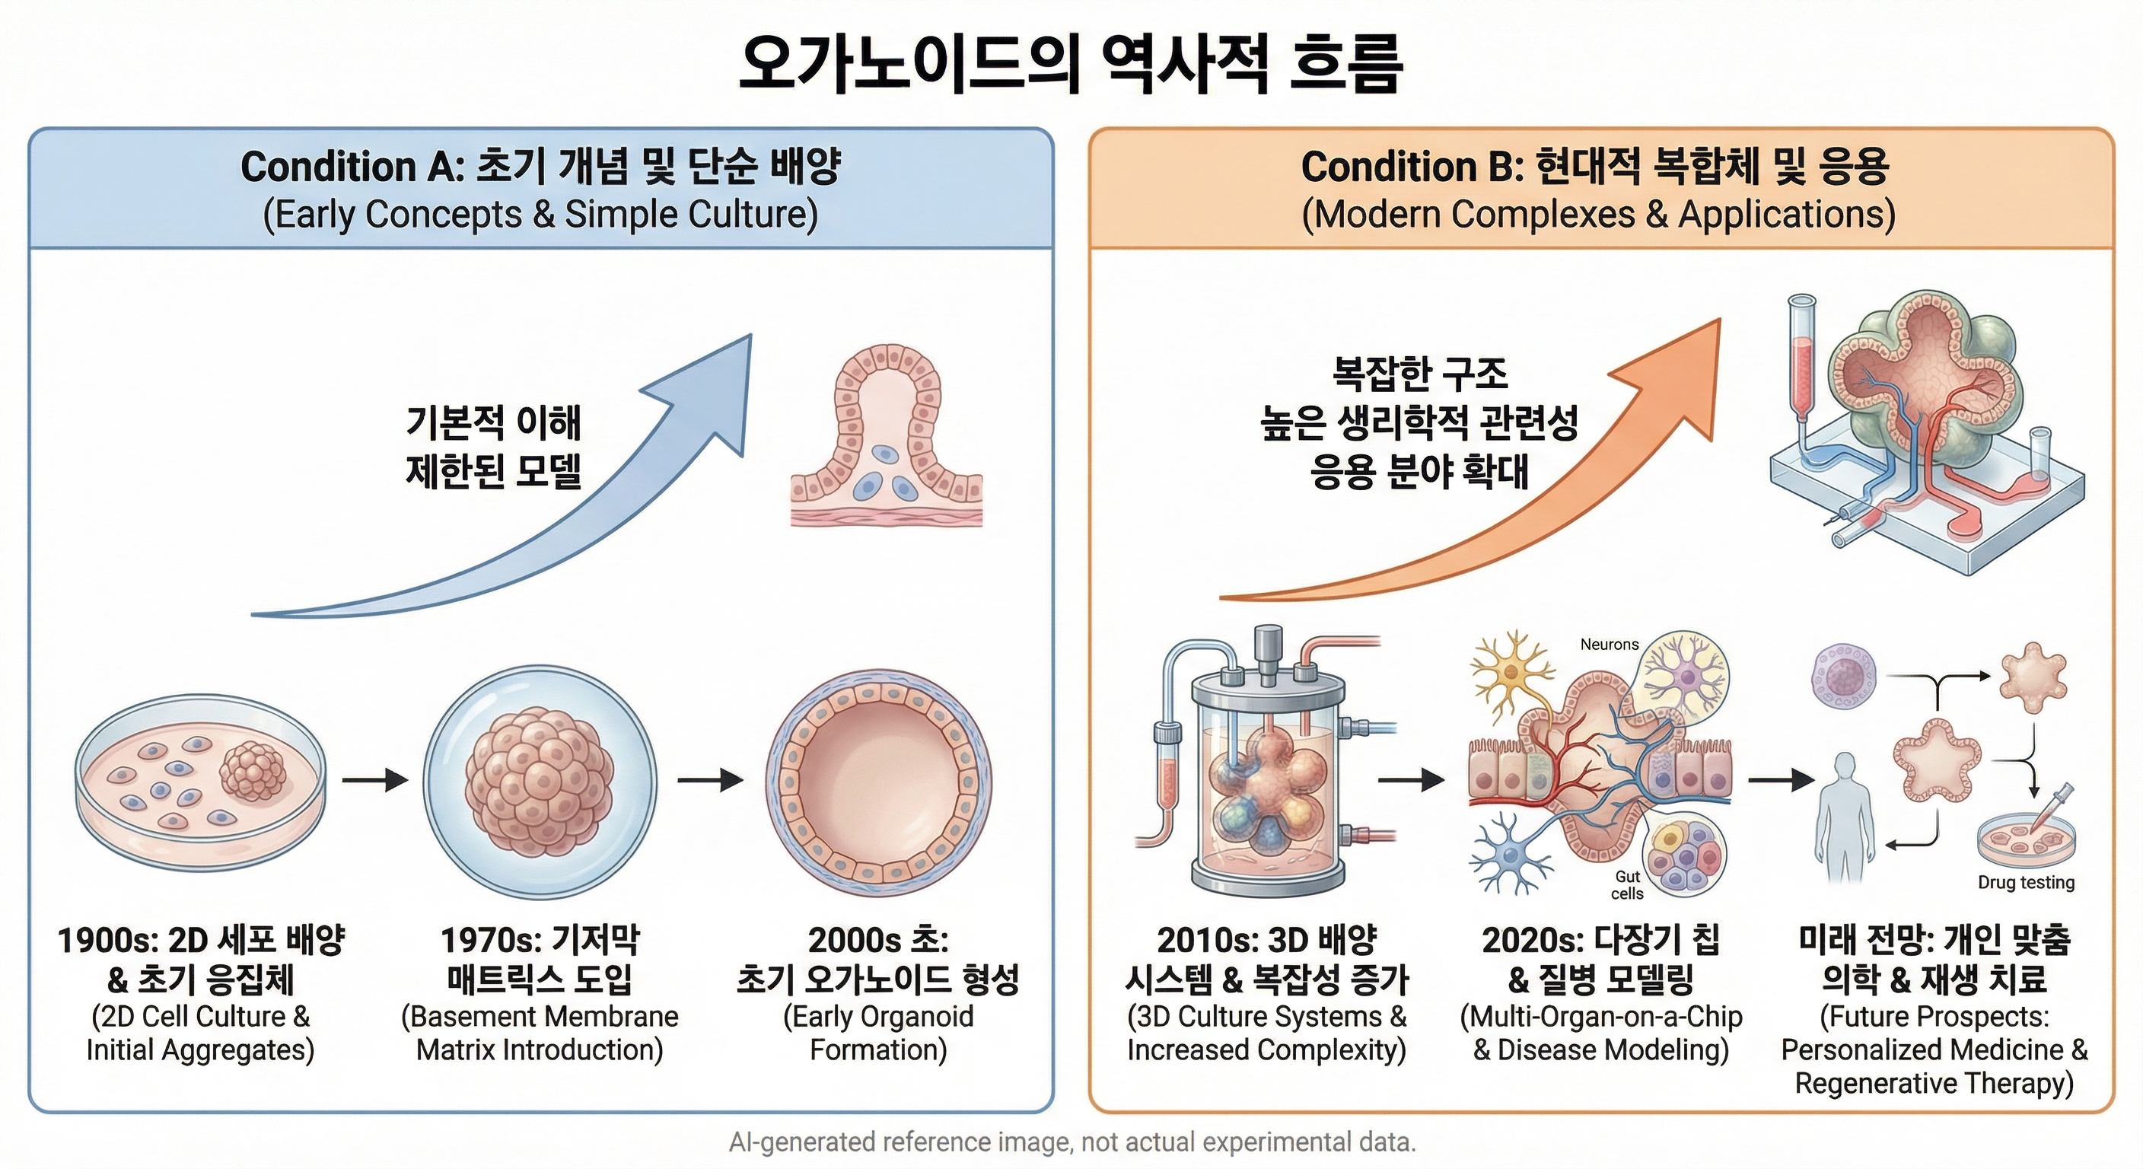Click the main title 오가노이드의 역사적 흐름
[1071, 62]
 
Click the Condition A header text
[541, 190]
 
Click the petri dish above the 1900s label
[200, 783]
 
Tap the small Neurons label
[1609, 644]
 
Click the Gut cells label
[1627, 885]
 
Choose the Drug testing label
[2026, 882]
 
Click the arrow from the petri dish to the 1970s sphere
[375, 779]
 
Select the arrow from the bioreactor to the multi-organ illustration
[1412, 779]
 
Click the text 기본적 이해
[493, 422]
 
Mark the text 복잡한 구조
[1419, 374]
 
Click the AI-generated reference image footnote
[1072, 1142]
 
